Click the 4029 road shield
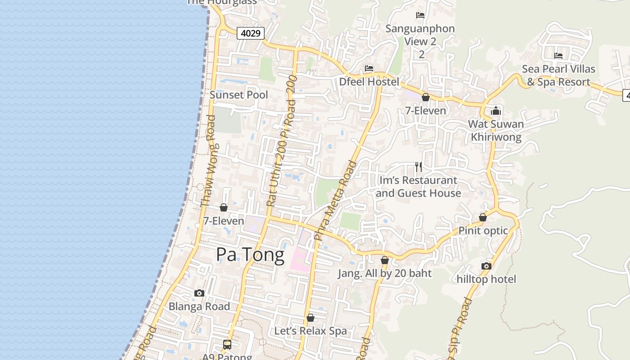(250, 33)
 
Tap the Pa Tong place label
(250, 255)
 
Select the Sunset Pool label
(239, 95)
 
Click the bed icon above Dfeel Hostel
(369, 68)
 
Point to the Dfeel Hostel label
(369, 82)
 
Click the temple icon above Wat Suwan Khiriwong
(496, 111)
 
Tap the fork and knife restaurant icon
(418, 167)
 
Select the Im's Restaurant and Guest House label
(418, 187)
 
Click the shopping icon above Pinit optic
(483, 217)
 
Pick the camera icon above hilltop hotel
(486, 266)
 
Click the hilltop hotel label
(486, 279)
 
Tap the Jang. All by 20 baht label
(385, 274)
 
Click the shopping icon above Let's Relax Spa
(310, 318)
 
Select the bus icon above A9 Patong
(227, 345)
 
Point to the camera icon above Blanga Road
(199, 293)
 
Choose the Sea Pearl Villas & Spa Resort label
(558, 76)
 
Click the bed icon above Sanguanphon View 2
(420, 15)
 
